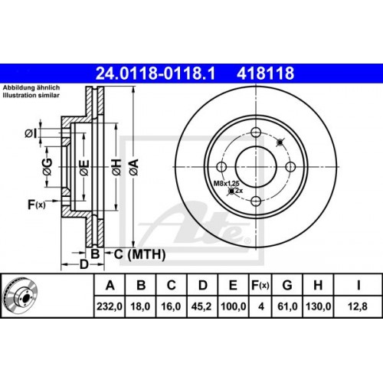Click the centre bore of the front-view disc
254,162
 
